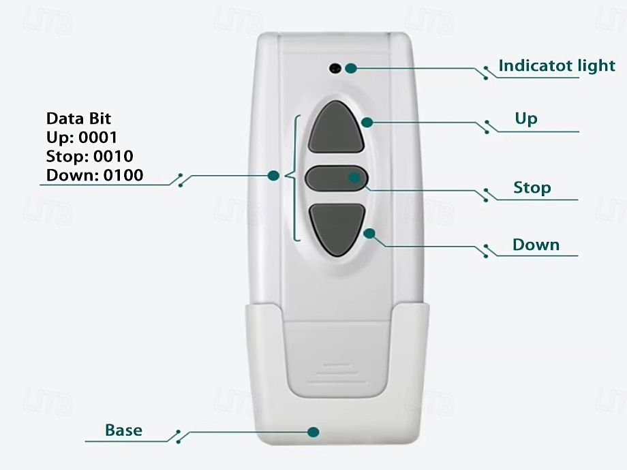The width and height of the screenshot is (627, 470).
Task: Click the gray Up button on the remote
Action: point(335,128)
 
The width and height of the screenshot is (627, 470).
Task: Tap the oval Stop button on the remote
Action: point(335,178)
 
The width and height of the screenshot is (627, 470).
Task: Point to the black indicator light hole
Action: point(335,68)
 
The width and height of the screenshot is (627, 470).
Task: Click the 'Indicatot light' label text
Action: point(557,66)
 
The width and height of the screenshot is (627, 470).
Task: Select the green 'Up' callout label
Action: point(526,119)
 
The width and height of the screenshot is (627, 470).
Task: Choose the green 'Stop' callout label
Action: point(532,187)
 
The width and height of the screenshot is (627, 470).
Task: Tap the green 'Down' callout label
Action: point(536,245)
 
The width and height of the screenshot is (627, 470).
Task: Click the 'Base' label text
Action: point(123,430)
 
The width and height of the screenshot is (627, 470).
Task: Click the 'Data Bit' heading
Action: point(78,119)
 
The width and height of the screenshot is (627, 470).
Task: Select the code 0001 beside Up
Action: point(98,138)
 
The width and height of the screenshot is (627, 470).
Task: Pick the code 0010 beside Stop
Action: point(114,156)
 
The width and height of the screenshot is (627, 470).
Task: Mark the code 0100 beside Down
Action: point(123,175)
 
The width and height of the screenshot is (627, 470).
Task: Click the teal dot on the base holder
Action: point(313,432)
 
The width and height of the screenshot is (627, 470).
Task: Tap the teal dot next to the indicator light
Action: point(351,68)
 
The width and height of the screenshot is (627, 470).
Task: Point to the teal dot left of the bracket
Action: point(273,176)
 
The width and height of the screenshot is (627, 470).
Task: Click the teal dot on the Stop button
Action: point(354,178)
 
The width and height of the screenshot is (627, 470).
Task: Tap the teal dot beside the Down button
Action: point(369,234)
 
